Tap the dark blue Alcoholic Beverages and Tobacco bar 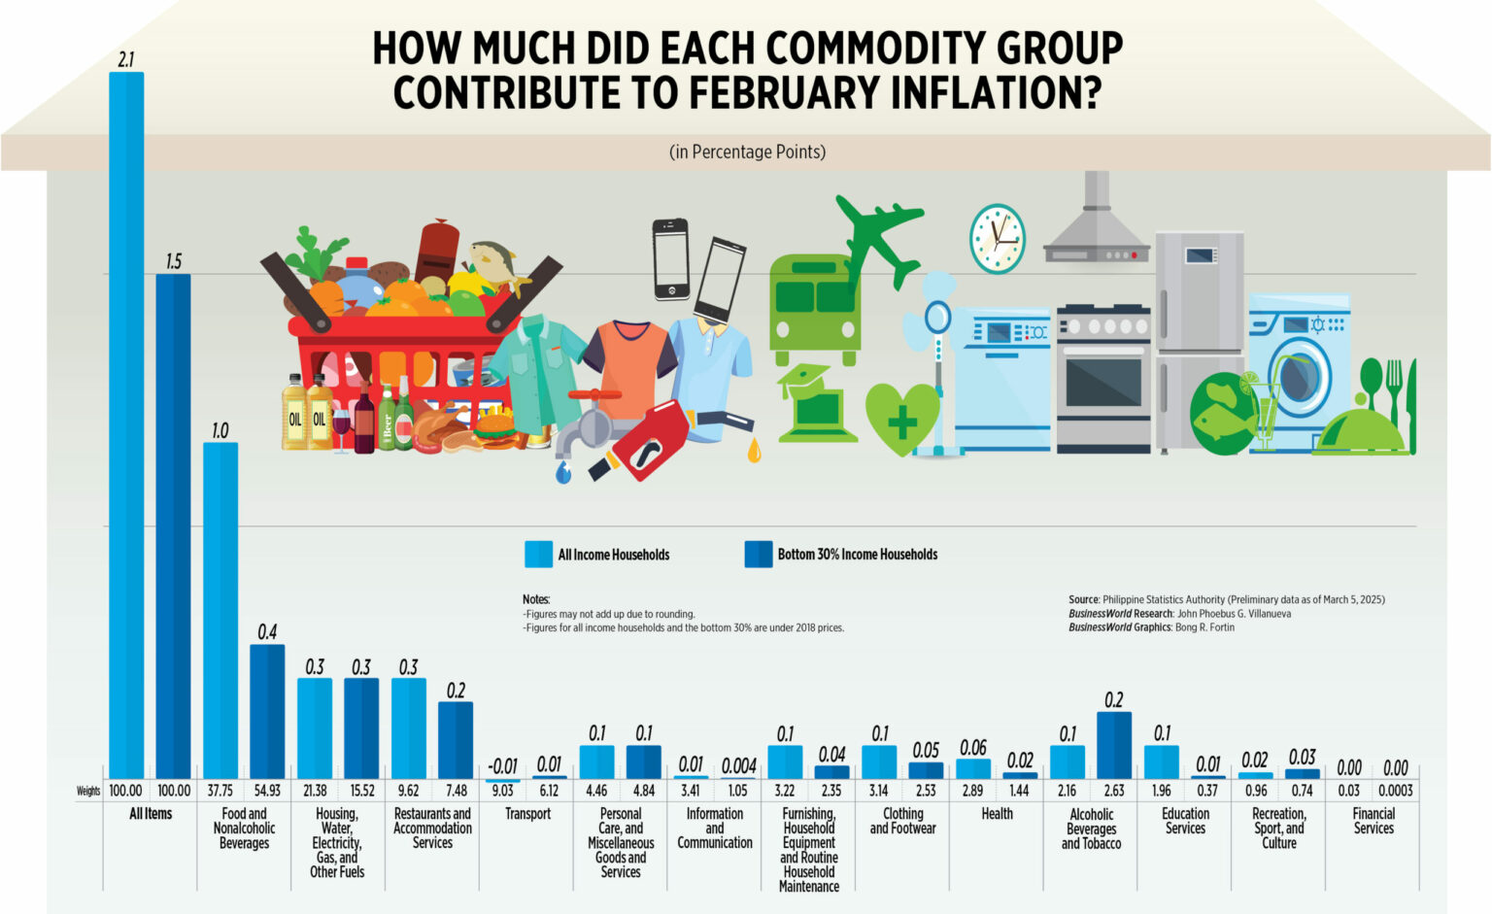pyautogui.click(x=1114, y=745)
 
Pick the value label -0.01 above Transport pyautogui.click(x=502, y=765)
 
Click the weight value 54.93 pyautogui.click(x=267, y=791)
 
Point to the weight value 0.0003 pyautogui.click(x=1396, y=791)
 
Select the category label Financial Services pyautogui.click(x=1373, y=821)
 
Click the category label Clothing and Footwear pyautogui.click(x=902, y=821)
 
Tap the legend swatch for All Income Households pyautogui.click(x=538, y=554)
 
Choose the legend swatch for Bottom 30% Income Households pyautogui.click(x=758, y=554)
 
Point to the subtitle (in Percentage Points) pyautogui.click(x=747, y=152)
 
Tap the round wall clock pyautogui.click(x=997, y=238)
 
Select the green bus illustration pyautogui.click(x=814, y=309)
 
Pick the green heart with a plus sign pyautogui.click(x=901, y=419)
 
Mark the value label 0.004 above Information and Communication pyautogui.click(x=738, y=765)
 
